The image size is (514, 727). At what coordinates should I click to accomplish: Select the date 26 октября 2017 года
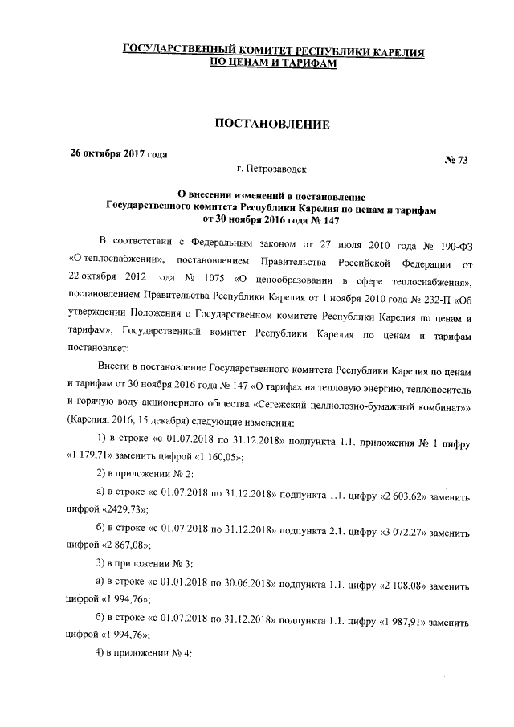pyautogui.click(x=120, y=153)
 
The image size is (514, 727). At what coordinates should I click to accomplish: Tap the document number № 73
pyautogui.click(x=455, y=160)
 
